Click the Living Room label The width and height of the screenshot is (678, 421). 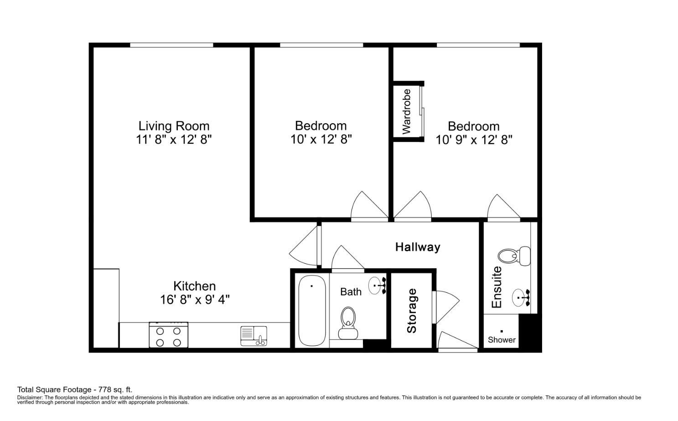pyautogui.click(x=174, y=126)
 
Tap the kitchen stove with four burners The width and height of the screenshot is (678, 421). pyautogui.click(x=168, y=335)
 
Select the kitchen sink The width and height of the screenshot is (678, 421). pyautogui.click(x=254, y=336)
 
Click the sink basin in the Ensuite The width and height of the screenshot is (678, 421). pyautogui.click(x=520, y=298)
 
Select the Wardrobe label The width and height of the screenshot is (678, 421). pyautogui.click(x=406, y=111)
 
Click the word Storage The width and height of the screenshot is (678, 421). pyautogui.click(x=411, y=311)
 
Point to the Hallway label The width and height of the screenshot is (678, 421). pyautogui.click(x=417, y=247)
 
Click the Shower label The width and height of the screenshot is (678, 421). pyautogui.click(x=502, y=340)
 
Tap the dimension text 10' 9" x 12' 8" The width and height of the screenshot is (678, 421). pyautogui.click(x=474, y=140)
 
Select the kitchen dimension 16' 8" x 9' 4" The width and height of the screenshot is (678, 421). pyautogui.click(x=195, y=300)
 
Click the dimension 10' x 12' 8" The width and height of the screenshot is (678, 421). pyautogui.click(x=321, y=139)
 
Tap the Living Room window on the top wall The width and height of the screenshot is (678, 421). pyautogui.click(x=171, y=45)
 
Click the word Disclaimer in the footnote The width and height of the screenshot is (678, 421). pyautogui.click(x=29, y=398)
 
